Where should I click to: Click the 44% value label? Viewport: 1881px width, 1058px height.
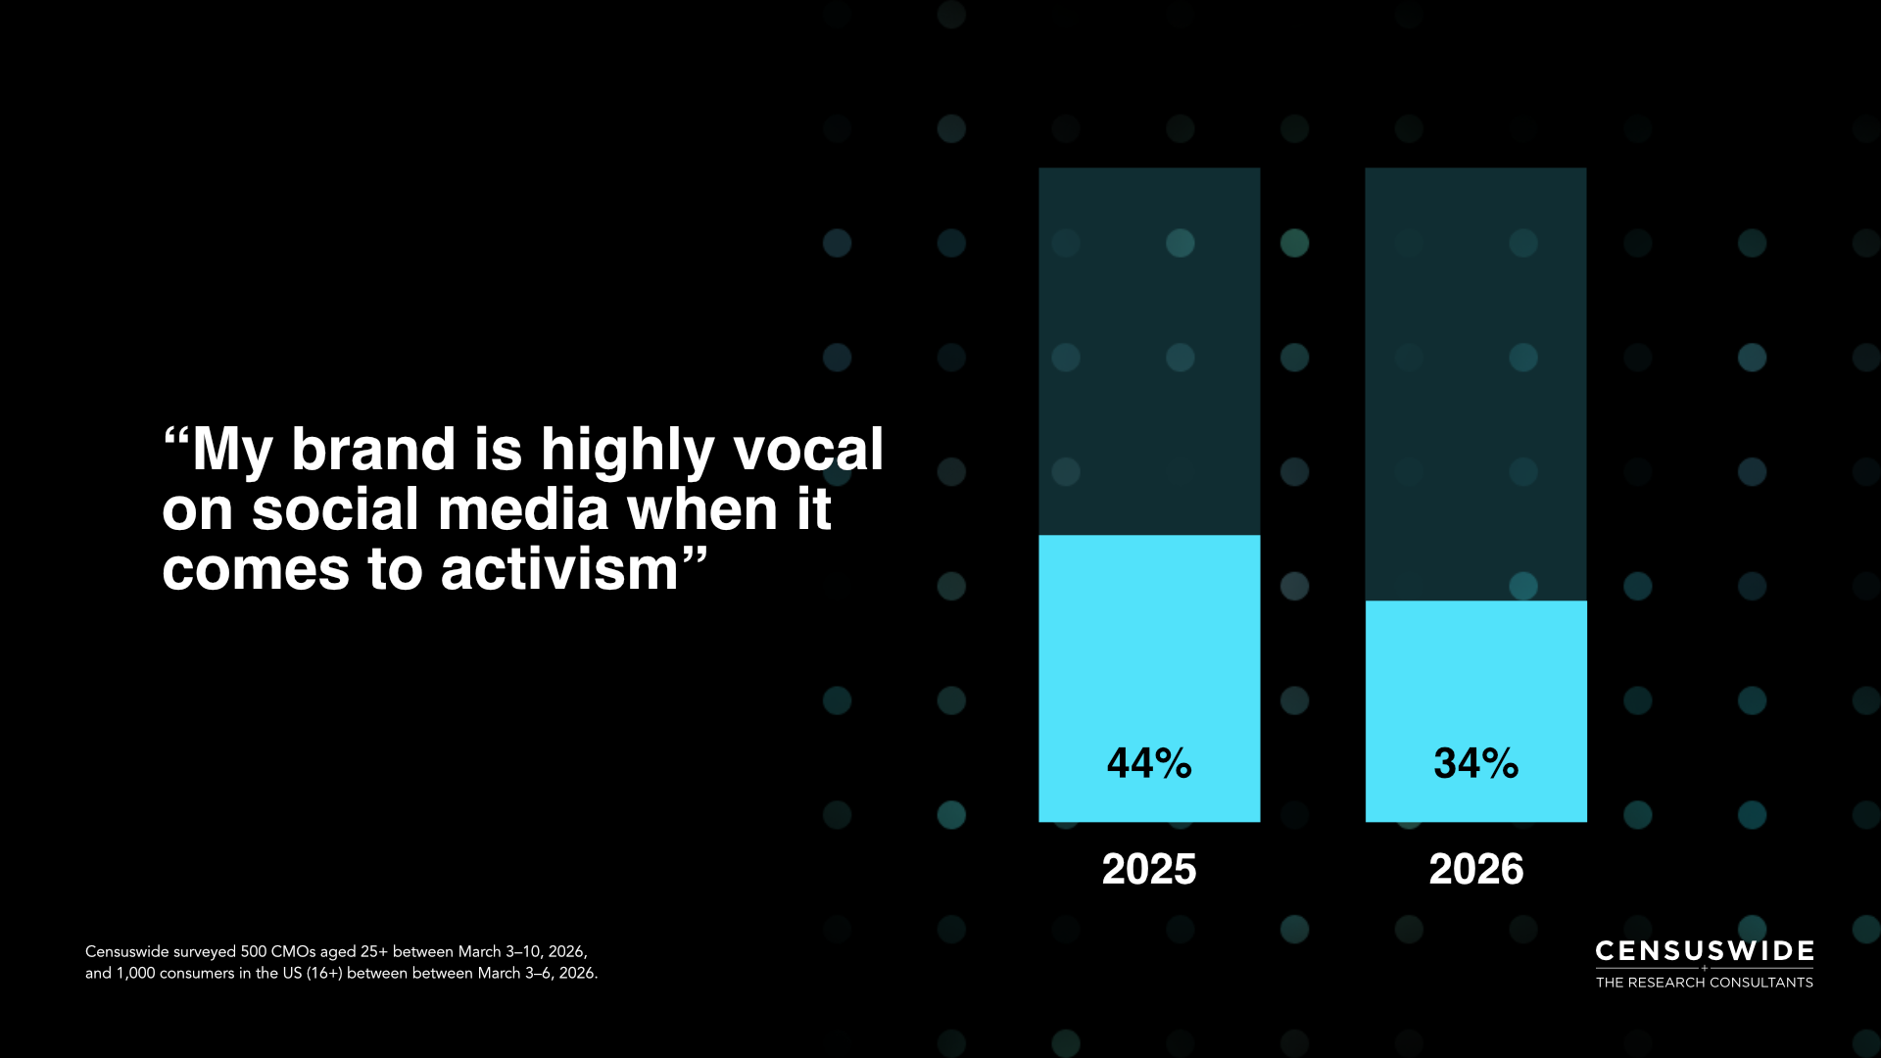tap(1149, 763)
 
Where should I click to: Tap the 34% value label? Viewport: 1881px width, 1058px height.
tap(1476, 763)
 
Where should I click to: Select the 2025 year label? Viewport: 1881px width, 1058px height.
tap(1149, 869)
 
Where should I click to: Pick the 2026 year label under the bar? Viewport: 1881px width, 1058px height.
tap(1476, 869)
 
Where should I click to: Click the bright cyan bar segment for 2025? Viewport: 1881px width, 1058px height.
tap(1149, 678)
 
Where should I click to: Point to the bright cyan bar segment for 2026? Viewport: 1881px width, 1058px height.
tap(1476, 711)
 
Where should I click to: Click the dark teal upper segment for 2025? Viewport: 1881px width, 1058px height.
tap(1149, 351)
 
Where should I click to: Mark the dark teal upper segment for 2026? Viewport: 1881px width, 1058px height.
tap(1476, 384)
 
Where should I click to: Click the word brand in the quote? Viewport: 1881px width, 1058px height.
tap(373, 450)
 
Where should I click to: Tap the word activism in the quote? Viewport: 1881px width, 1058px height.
tap(559, 570)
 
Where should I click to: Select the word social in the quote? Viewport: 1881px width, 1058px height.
tap(335, 510)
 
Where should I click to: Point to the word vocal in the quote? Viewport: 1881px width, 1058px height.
tap(808, 450)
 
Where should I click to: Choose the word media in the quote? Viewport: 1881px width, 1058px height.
tap(524, 510)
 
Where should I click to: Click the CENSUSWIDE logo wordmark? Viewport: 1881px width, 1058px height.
tap(1705, 951)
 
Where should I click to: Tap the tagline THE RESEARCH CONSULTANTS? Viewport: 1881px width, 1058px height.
tap(1705, 983)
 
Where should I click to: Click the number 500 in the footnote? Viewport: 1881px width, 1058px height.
tap(254, 952)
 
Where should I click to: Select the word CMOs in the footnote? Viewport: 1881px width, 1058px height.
tap(294, 952)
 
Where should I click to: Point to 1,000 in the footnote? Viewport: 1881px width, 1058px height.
tap(136, 974)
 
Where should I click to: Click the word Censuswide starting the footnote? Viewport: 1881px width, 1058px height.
tap(126, 952)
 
